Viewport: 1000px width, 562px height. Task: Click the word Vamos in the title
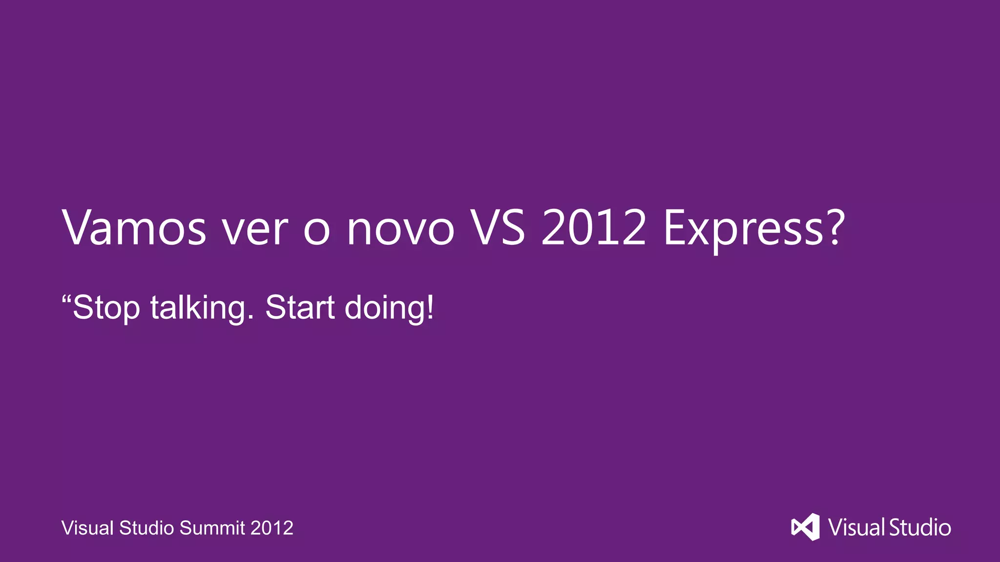(x=134, y=228)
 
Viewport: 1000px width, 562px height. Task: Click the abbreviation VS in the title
(x=497, y=228)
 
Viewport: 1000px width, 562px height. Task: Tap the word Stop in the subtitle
(x=106, y=308)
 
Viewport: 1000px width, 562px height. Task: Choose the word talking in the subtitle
(x=202, y=308)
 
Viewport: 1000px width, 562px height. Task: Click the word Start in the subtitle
(x=300, y=308)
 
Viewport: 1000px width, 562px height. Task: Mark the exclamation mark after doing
(x=430, y=307)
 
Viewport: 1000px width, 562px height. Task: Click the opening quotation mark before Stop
(x=66, y=299)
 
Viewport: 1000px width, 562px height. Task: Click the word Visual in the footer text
(x=87, y=528)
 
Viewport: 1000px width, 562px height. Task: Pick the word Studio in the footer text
(x=146, y=528)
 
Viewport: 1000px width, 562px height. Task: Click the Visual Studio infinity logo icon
(x=805, y=527)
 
